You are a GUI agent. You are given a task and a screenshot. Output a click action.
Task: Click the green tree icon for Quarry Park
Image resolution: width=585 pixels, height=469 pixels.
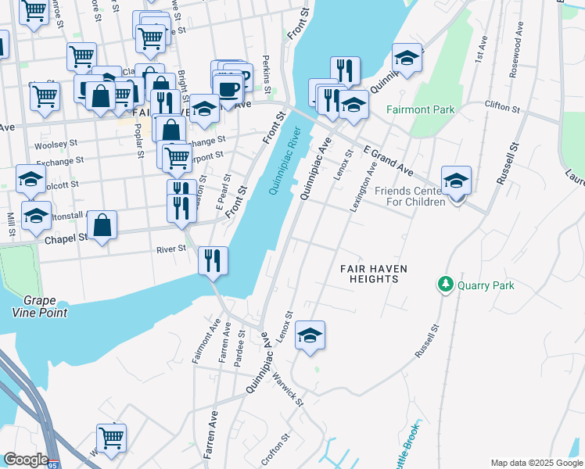(446, 285)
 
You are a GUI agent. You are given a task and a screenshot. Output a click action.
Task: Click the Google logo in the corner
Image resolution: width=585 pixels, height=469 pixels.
(26, 460)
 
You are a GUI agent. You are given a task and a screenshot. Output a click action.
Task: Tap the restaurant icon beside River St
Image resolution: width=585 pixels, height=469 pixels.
(214, 260)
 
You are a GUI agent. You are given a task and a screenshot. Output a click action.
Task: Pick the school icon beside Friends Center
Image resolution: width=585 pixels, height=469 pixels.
(456, 181)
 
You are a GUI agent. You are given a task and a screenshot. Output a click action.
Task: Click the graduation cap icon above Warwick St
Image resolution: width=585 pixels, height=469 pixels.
(310, 335)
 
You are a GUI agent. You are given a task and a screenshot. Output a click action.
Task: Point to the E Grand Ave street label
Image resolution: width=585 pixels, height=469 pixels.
(387, 159)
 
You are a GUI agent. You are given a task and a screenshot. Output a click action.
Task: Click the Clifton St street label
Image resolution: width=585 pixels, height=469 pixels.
(503, 105)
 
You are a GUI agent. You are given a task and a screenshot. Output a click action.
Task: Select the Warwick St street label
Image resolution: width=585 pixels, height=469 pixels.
(288, 387)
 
